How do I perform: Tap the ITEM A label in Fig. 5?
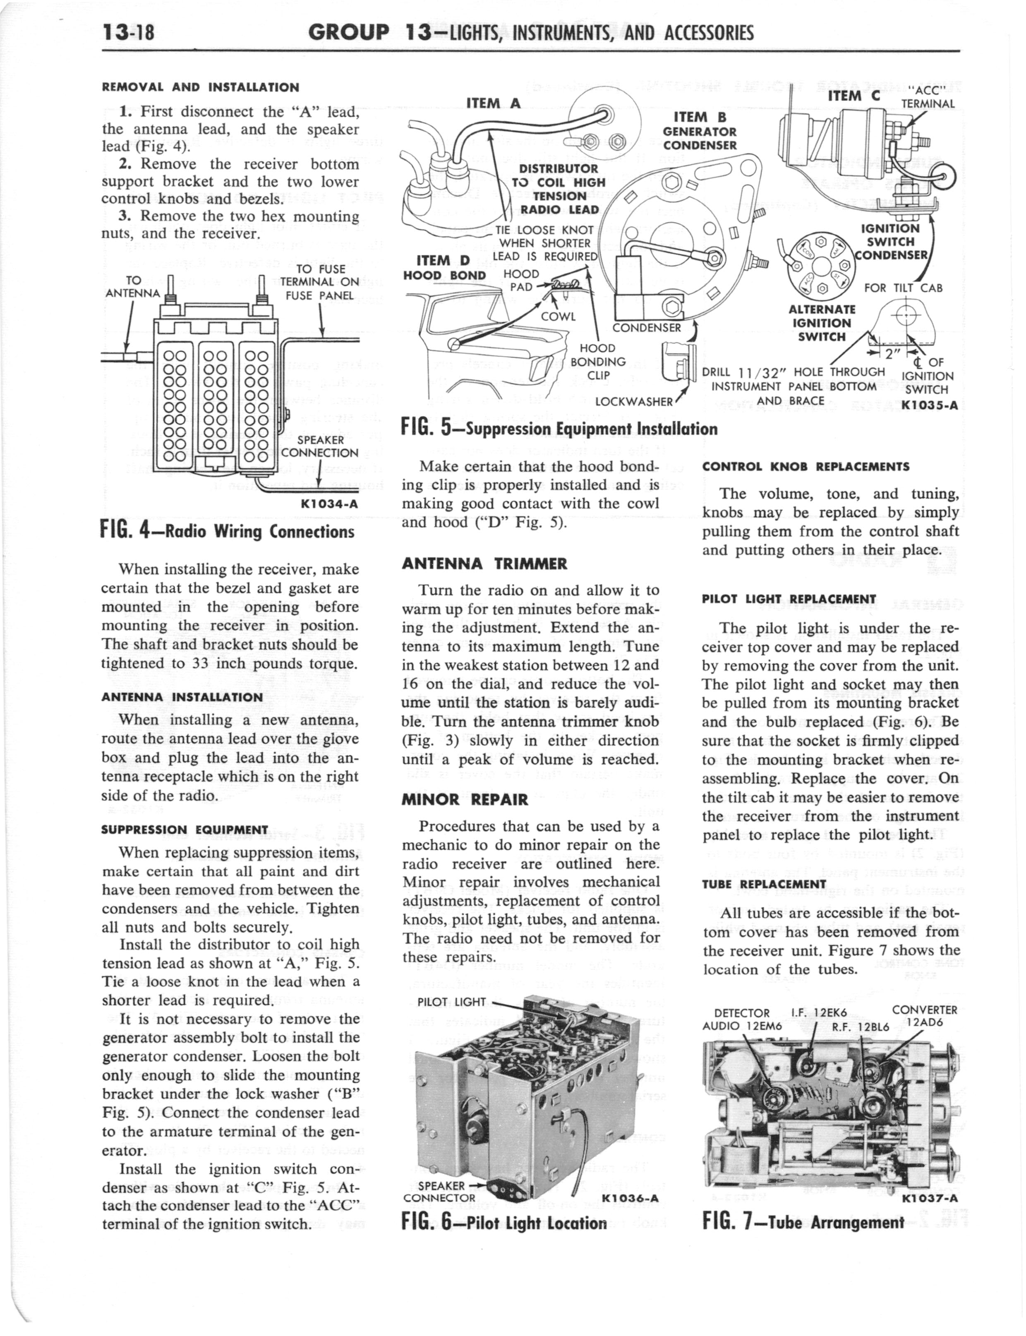[494, 103]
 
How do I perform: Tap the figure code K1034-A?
[329, 504]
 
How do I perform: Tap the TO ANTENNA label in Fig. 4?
[133, 286]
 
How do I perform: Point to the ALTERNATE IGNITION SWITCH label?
[821, 323]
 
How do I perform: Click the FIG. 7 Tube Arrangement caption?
[803, 1223]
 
